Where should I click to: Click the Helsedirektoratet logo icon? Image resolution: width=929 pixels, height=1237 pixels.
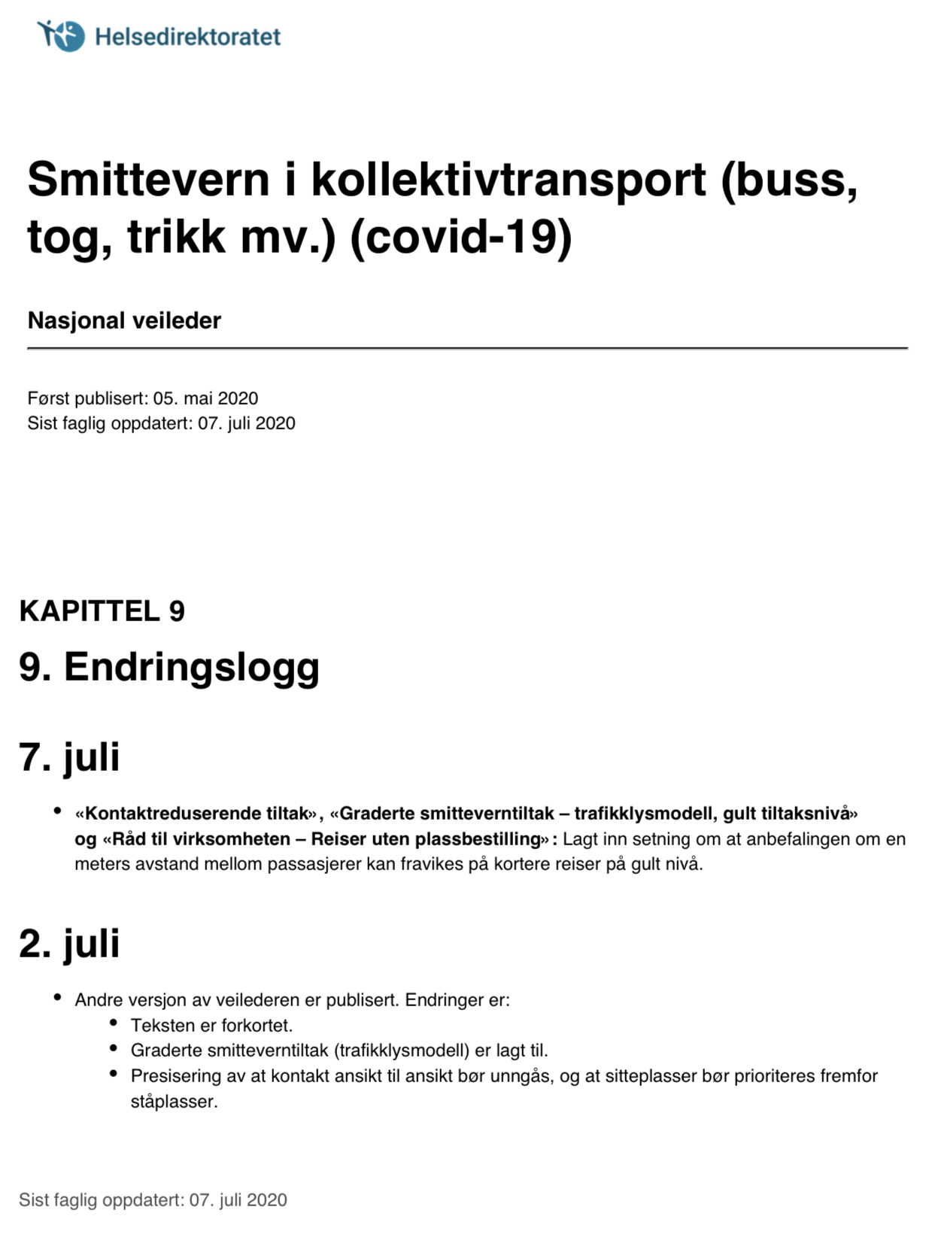pos(61,35)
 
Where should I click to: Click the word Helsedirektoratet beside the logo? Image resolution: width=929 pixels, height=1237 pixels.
pos(187,36)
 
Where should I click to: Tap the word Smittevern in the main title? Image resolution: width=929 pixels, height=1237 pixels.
pos(148,180)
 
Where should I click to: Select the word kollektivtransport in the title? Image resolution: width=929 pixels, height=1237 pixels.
pos(509,180)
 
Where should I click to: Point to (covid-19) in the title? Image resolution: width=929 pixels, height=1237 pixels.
pos(461,237)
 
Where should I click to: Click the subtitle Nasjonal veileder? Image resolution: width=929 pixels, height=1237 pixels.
pos(124,320)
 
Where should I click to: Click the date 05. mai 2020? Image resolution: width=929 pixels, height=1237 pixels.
pos(205,398)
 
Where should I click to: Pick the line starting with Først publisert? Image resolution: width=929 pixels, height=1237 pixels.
pos(143,398)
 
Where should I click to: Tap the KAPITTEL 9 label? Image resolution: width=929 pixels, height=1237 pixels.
pos(102,611)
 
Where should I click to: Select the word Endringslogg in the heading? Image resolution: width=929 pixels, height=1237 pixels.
pos(192,667)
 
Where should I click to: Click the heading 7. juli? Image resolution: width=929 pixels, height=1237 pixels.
pos(69,756)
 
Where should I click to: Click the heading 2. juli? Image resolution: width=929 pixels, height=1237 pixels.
pos(69,943)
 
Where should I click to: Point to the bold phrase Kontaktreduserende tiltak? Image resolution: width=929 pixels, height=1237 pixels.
pos(197,813)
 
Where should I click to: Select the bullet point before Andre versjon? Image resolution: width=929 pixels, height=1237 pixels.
pos(57,998)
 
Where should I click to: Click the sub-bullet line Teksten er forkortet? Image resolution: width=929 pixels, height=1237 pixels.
pos(211,1025)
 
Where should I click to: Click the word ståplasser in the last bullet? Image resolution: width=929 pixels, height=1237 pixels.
pos(173,1101)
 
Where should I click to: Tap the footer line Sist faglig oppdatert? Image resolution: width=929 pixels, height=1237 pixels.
pos(153,1199)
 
